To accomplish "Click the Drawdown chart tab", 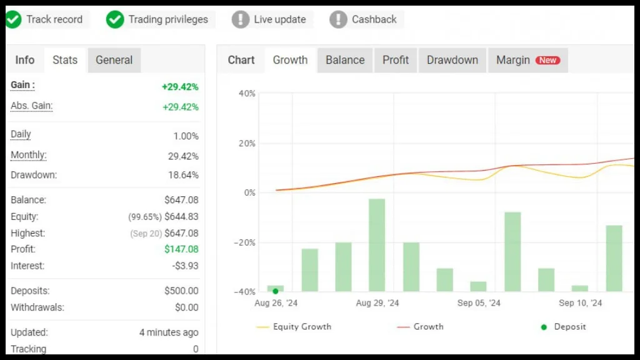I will [452, 60].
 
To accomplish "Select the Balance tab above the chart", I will [345, 60].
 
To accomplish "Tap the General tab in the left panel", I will [114, 60].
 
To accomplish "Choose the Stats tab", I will [65, 60].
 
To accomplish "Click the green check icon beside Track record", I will [13, 19].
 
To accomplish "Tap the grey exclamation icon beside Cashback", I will [338, 19].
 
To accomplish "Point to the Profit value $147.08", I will [181, 249].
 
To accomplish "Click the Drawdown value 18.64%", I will [183, 175].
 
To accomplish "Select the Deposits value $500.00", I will [181, 291].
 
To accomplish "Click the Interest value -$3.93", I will [186, 266].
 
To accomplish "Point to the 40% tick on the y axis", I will [247, 94].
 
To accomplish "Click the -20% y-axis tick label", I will [244, 242].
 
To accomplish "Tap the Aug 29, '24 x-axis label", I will [377, 303].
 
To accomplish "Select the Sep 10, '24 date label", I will [581, 303].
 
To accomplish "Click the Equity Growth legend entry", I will [302, 327].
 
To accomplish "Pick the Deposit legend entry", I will [569, 327].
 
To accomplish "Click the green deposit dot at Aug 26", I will [276, 291].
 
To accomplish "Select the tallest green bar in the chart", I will [377, 245].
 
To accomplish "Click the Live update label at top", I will [279, 19].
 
